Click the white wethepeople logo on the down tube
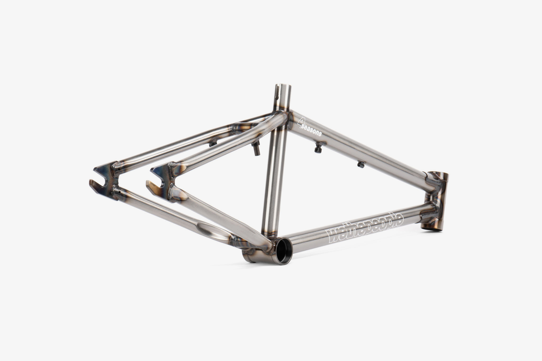365,228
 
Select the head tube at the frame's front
437,201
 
